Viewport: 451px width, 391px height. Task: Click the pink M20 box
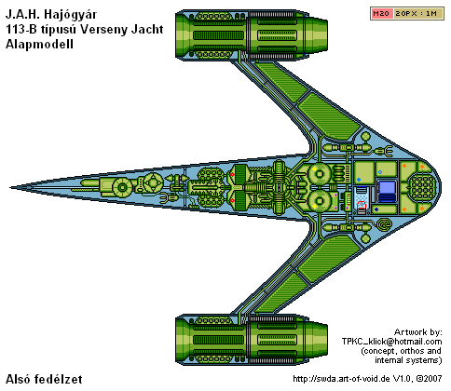click(x=382, y=14)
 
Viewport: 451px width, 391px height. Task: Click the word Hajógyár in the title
click(x=71, y=15)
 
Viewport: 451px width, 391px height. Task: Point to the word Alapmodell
click(x=39, y=44)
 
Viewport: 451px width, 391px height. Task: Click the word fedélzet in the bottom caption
click(x=58, y=379)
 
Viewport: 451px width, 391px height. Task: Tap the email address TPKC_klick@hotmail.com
click(x=391, y=342)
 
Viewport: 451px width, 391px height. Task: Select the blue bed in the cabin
click(x=387, y=191)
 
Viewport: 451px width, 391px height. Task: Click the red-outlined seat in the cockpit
click(x=361, y=206)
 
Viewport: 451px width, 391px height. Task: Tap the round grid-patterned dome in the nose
click(x=424, y=187)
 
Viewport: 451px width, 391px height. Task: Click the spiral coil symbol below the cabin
click(x=384, y=223)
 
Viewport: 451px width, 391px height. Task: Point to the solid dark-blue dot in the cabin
click(x=376, y=209)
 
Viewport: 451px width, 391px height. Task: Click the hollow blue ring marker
click(x=380, y=172)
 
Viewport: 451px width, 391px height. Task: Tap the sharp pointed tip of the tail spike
click(x=10, y=187)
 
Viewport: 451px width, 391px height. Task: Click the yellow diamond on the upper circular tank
click(x=314, y=169)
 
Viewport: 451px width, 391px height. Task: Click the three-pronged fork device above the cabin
click(x=385, y=151)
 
